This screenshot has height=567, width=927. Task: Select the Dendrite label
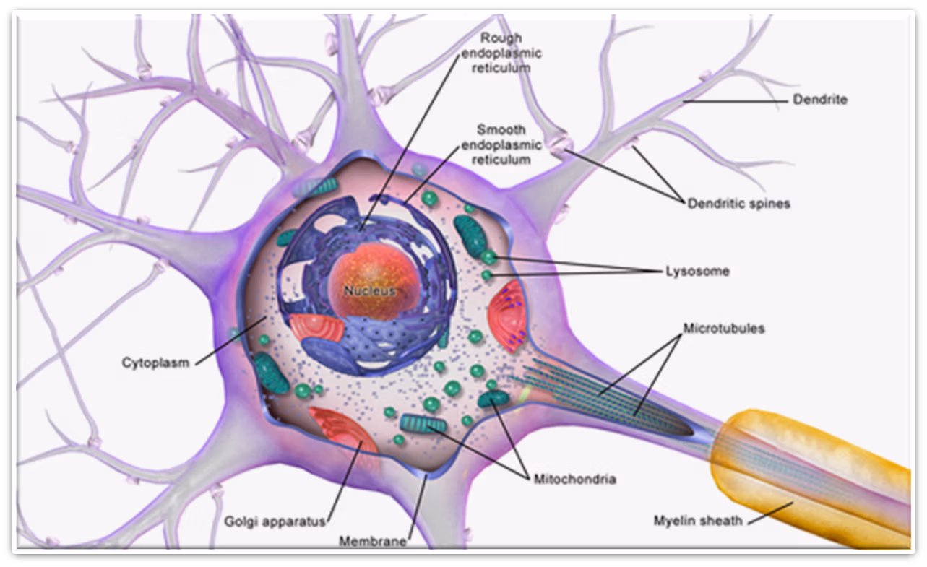point(819,100)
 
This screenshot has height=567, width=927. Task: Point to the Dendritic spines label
point(738,204)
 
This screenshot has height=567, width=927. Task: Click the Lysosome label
point(697,272)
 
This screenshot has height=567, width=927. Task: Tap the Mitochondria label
point(575,478)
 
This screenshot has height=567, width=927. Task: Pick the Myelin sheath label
point(697,520)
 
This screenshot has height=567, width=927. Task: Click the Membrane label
point(374,541)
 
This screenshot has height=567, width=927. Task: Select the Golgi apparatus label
point(275,520)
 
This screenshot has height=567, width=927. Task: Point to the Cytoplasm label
point(155,362)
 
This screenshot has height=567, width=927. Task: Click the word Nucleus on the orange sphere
point(370,291)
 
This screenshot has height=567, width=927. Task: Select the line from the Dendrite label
point(733,102)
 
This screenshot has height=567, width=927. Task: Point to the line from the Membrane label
point(418,506)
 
